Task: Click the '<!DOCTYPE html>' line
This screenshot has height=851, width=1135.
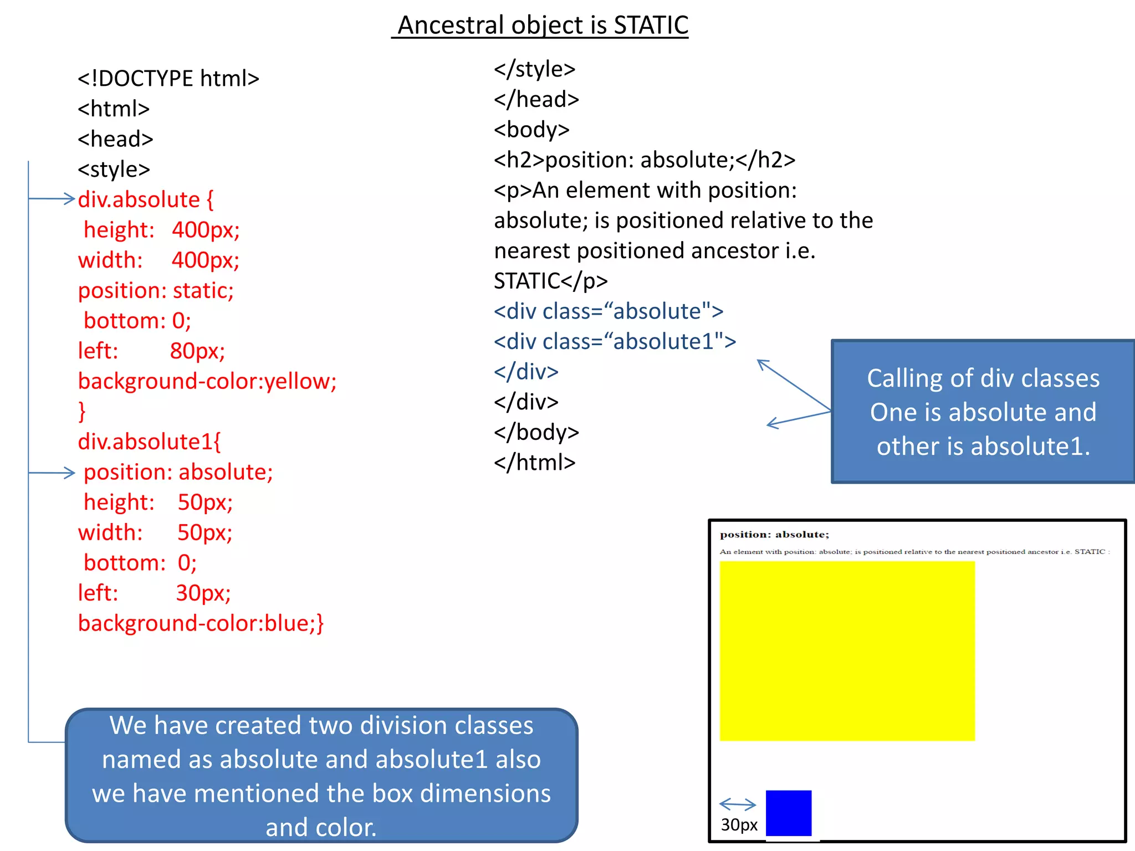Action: (x=168, y=79)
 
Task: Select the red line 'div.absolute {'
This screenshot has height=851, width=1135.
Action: (x=146, y=199)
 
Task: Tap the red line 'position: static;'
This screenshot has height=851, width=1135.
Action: (x=156, y=290)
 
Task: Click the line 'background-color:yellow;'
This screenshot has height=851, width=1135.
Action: (x=207, y=381)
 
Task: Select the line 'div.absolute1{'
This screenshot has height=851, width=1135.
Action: (x=149, y=442)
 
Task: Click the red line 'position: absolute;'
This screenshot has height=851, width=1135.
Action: (x=178, y=472)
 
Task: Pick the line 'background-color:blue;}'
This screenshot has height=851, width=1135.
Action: (x=201, y=623)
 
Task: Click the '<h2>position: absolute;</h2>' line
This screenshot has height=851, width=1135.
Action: (x=644, y=160)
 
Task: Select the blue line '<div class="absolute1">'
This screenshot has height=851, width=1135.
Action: (x=615, y=341)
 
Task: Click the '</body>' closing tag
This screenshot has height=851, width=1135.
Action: (x=536, y=432)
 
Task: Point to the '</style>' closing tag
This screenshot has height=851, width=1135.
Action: (x=534, y=69)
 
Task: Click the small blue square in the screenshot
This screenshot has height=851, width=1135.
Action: (x=788, y=813)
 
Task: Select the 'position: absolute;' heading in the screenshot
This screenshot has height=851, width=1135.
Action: (x=774, y=535)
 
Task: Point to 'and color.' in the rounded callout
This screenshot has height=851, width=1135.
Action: (x=321, y=827)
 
